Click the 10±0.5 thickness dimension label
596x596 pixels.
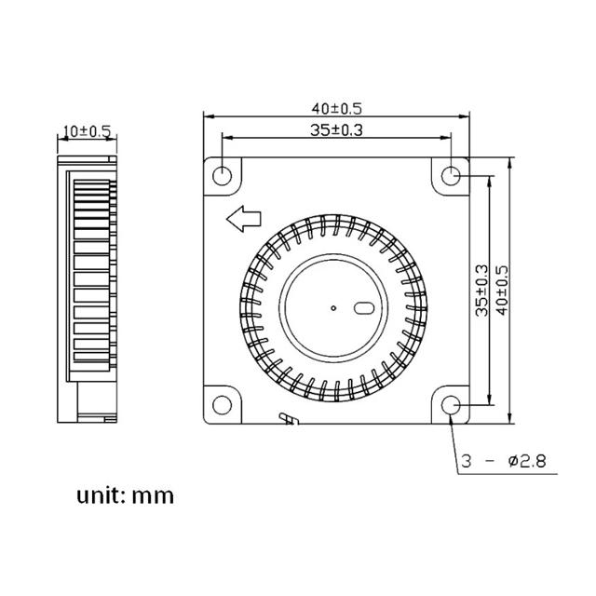click(x=85, y=131)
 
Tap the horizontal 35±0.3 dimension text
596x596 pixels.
click(x=336, y=130)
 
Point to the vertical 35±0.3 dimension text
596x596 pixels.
click(x=482, y=290)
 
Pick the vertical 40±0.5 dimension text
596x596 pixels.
click(x=503, y=290)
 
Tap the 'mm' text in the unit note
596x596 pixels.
click(x=153, y=495)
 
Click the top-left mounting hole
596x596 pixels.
click(x=223, y=174)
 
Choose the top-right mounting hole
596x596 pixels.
click(x=452, y=174)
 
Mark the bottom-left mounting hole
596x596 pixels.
click(x=223, y=405)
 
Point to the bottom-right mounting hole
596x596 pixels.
click(x=452, y=405)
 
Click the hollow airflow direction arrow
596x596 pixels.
click(x=242, y=220)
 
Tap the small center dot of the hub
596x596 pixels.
click(x=333, y=305)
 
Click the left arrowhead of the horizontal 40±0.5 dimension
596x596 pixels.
click(x=209, y=117)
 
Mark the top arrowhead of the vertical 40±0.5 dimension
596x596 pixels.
click(x=511, y=161)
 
